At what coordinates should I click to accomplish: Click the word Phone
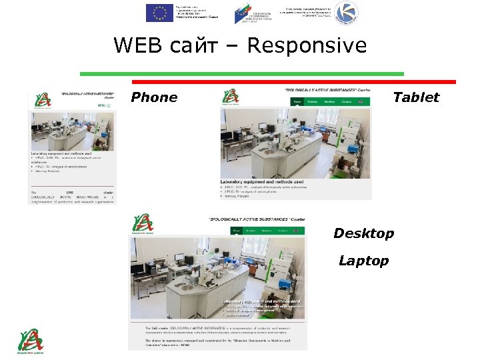pos(154,97)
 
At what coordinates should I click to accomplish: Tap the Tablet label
pos(416,97)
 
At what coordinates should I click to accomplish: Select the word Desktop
pos(364,233)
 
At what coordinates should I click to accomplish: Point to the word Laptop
pos(363,261)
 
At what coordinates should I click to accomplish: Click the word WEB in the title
pos(137,45)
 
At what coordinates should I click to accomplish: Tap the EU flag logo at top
pos(159,12)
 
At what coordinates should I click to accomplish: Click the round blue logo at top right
pos(346,12)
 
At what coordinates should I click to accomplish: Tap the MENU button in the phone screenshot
pos(102,105)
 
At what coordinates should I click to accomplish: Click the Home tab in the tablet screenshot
pos(297,102)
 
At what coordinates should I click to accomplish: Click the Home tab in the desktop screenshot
pos(237,231)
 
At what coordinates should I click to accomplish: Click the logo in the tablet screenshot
pos(231,97)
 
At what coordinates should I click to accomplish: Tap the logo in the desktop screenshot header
pos(142,224)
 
